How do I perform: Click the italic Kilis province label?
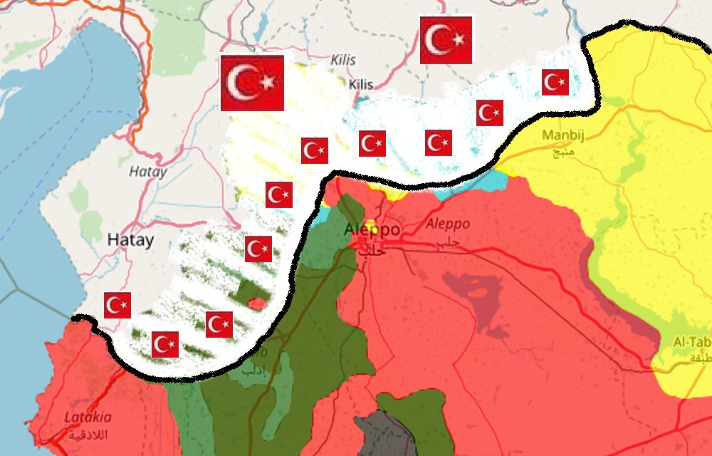(x=343, y=61)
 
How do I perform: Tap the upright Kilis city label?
(x=361, y=85)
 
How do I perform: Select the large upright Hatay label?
(x=130, y=240)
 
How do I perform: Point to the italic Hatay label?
(x=148, y=172)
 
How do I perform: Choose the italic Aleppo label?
(x=447, y=224)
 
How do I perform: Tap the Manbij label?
(x=562, y=135)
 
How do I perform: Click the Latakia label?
(x=88, y=417)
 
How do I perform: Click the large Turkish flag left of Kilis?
(x=252, y=83)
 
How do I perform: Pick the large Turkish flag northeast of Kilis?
(x=446, y=40)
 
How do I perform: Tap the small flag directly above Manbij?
(x=555, y=83)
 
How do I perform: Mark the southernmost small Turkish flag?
(x=165, y=345)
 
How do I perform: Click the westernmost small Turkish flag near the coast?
(x=117, y=305)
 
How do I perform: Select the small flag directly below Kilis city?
(x=372, y=144)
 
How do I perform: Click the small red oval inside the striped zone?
(x=258, y=304)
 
